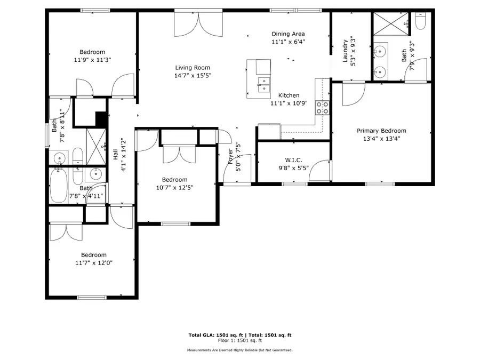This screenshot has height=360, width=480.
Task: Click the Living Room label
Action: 193,68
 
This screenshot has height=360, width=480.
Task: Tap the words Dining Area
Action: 288,34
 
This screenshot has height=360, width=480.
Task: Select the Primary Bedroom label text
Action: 381,131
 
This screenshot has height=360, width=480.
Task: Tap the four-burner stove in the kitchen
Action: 322,108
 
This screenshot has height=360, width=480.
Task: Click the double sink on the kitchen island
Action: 264,84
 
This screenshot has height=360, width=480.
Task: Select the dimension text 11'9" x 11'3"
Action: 93,60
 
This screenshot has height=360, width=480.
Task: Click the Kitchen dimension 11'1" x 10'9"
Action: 289,103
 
